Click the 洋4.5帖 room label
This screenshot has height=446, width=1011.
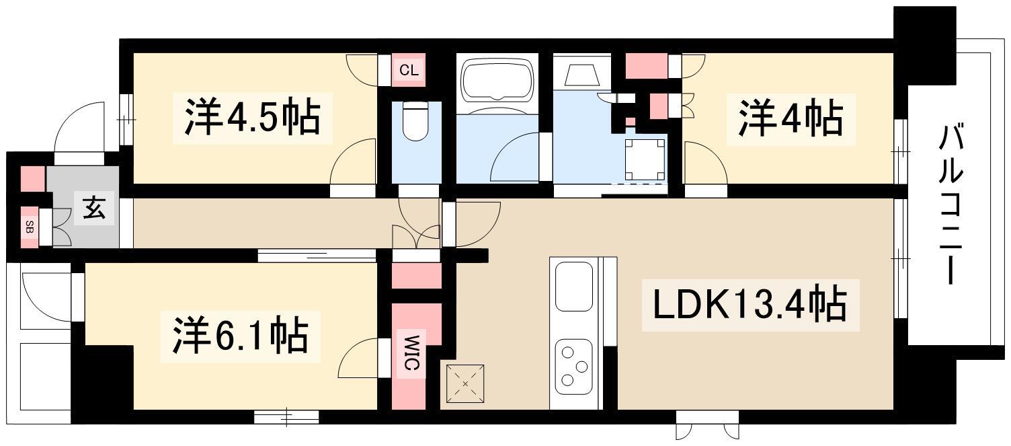(252, 118)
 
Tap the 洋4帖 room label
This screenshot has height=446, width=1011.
(791, 119)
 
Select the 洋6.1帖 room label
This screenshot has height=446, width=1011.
(240, 336)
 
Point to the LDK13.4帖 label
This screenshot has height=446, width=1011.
(750, 305)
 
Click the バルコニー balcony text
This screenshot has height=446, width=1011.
(951, 205)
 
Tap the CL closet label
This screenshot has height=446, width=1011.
(409, 71)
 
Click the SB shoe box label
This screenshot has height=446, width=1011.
(30, 227)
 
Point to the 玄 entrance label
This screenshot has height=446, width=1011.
(95, 209)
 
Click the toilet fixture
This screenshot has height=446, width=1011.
(415, 120)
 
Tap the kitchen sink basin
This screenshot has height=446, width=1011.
(573, 287)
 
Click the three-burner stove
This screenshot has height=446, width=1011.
(573, 367)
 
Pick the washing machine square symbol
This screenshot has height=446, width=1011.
(645, 159)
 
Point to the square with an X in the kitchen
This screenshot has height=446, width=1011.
(465, 383)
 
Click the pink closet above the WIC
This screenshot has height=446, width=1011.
(416, 276)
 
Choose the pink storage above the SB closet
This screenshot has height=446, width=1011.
(33, 179)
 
